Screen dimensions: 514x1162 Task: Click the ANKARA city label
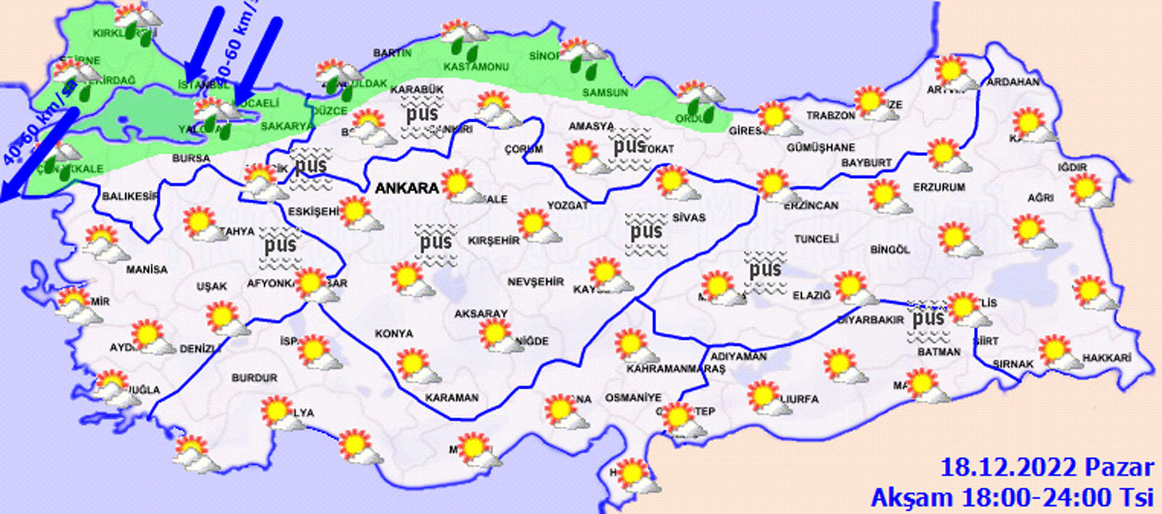[407, 188]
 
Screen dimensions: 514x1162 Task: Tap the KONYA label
[393, 334]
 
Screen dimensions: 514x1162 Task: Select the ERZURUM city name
[939, 188]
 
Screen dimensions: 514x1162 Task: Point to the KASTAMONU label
[476, 67]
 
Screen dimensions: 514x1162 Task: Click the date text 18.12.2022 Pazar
[1046, 468]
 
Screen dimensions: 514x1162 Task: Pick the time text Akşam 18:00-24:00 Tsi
[1012, 498]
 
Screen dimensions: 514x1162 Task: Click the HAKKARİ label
[1106, 358]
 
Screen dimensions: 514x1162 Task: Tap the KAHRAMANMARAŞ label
[675, 369]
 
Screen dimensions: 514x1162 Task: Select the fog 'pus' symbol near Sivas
[646, 233]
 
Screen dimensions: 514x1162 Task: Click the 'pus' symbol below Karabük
[422, 117]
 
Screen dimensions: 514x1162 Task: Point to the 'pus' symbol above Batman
[928, 321]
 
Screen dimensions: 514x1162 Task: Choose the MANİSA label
[146, 269]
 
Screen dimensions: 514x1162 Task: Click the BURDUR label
[254, 378]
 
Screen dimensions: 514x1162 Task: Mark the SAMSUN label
[605, 93]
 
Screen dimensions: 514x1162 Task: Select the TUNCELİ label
[816, 239]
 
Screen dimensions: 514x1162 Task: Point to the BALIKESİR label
[130, 196]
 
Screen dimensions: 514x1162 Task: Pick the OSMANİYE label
[633, 398]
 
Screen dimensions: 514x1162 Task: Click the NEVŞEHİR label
[535, 282]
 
